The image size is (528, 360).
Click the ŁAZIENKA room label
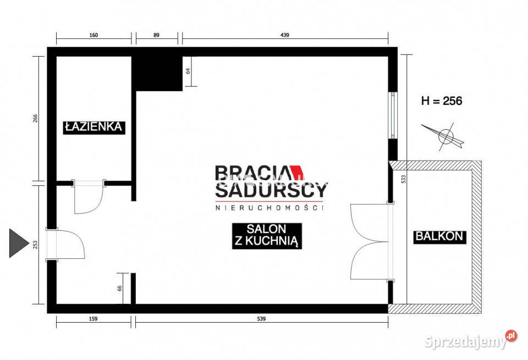(x=94, y=127)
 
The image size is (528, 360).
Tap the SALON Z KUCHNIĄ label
(x=267, y=236)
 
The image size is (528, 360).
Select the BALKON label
(x=439, y=236)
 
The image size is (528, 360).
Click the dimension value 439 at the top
(x=285, y=35)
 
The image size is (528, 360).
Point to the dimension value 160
(x=94, y=35)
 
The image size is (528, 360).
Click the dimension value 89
(x=156, y=35)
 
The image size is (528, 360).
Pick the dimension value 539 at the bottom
(x=261, y=319)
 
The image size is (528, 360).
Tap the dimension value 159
(x=94, y=319)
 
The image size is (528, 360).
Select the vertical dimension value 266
(x=36, y=118)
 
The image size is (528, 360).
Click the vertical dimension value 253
(x=36, y=245)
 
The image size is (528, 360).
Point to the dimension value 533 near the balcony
(x=404, y=179)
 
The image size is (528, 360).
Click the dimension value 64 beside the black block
(x=188, y=71)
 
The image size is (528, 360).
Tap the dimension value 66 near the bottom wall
(x=120, y=289)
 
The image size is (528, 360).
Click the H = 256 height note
(x=442, y=101)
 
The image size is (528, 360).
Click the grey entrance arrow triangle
(x=19, y=243)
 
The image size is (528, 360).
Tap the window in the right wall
(x=393, y=115)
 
